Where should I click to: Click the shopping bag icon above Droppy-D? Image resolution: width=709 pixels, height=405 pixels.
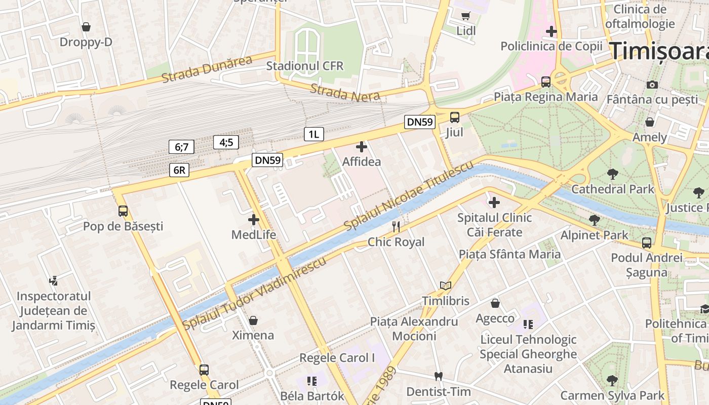click(x=86, y=26)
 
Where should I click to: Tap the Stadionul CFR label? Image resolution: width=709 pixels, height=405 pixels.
click(x=305, y=66)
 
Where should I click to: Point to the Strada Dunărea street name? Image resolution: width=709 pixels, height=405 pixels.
click(x=207, y=69)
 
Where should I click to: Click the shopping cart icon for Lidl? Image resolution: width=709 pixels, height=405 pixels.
click(x=465, y=16)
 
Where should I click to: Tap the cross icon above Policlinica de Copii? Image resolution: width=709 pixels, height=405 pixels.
click(x=552, y=32)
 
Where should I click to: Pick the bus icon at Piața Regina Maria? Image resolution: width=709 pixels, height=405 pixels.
click(x=546, y=82)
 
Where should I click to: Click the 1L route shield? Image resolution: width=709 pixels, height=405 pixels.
click(x=313, y=134)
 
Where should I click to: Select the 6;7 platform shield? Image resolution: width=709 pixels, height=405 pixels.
click(x=181, y=147)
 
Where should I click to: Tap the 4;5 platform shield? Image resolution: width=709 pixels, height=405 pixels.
click(x=226, y=142)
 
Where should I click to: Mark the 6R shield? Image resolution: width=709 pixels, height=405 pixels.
click(x=179, y=170)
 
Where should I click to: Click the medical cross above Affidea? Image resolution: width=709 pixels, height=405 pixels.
click(x=362, y=147)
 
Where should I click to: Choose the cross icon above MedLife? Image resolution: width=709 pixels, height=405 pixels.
click(x=254, y=220)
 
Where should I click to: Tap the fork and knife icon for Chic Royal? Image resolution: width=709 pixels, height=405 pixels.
click(x=396, y=226)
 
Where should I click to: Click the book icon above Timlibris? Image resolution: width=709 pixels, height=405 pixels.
click(x=446, y=286)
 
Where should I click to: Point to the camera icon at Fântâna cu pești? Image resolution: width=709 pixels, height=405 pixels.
click(x=652, y=85)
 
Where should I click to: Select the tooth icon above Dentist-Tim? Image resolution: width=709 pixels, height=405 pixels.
click(x=439, y=377)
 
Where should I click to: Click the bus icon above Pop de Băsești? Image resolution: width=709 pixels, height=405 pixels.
click(x=123, y=211)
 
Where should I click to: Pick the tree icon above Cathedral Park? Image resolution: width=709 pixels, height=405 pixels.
click(x=613, y=174)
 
